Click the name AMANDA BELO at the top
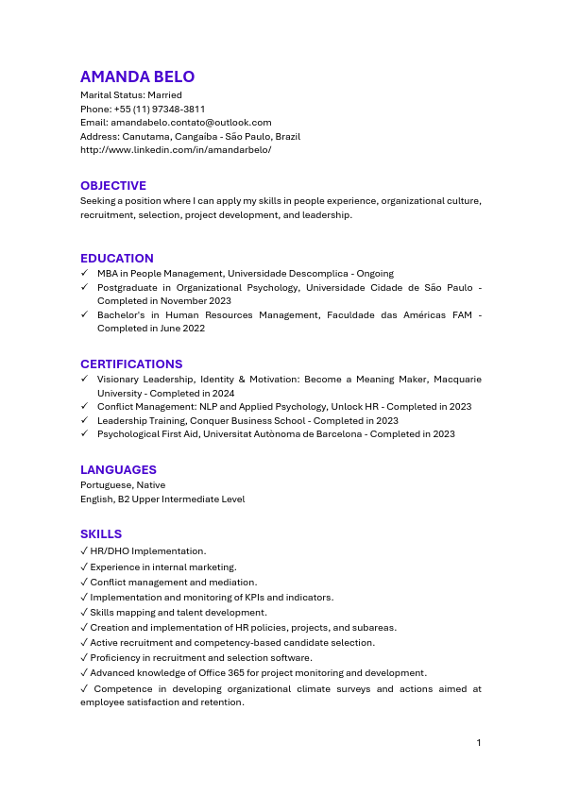137,77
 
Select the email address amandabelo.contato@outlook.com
191,123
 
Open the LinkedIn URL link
176,150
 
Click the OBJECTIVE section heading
113,186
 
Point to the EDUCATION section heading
117,259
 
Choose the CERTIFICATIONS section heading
131,364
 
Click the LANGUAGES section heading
118,470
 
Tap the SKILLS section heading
101,534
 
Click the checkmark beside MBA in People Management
84,274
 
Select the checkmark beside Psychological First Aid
84,434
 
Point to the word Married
164,95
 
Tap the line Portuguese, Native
123,485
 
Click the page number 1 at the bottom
479,743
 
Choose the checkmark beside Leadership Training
84,421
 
